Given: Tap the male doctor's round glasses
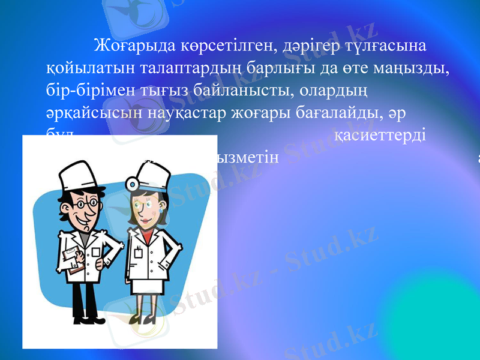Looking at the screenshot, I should [85, 205].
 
